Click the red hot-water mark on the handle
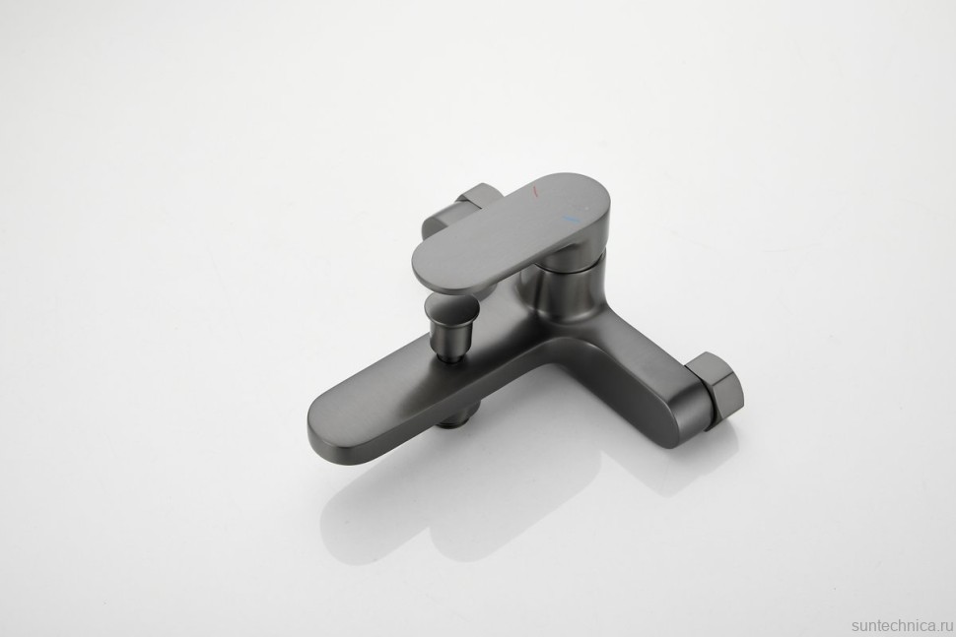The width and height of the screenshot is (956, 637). [x=535, y=193]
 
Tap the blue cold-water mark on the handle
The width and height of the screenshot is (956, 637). [x=570, y=218]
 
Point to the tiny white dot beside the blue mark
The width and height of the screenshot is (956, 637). [x=581, y=214]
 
